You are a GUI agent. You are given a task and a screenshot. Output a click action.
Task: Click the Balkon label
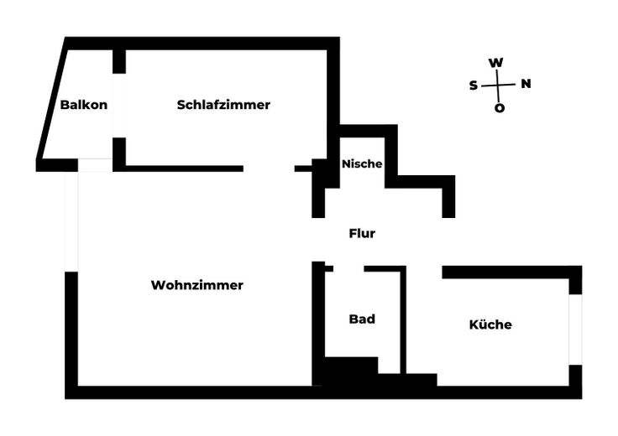click(84, 105)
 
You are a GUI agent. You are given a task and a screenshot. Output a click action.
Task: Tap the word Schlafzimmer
click(223, 105)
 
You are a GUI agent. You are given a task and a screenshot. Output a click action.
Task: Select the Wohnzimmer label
click(197, 285)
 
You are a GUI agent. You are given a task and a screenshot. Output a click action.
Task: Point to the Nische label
click(362, 163)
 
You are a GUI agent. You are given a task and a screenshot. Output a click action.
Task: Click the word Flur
click(362, 233)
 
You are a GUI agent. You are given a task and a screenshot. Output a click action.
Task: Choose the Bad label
click(362, 319)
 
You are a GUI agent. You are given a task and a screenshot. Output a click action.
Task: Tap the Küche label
click(490, 324)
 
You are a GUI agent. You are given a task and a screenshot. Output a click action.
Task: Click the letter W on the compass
click(495, 63)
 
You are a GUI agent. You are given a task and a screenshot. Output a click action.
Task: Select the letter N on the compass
click(526, 83)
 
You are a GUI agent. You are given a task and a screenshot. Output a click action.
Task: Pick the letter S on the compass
click(474, 86)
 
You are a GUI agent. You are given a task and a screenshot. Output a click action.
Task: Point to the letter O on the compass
click(500, 108)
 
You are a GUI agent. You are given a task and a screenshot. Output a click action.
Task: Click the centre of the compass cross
click(498, 85)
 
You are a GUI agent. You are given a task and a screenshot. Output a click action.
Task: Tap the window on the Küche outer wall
click(575, 330)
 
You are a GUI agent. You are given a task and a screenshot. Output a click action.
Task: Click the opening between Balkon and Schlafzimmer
click(119, 106)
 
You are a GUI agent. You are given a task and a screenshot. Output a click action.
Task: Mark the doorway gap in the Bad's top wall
click(348, 269)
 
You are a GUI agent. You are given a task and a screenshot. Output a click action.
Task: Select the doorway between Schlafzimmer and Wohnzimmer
click(269, 169)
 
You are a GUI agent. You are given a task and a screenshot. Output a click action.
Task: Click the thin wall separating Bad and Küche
click(403, 320)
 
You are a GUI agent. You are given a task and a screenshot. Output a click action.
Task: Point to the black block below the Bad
click(351, 372)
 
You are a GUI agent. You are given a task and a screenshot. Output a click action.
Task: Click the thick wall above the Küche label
click(511, 272)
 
